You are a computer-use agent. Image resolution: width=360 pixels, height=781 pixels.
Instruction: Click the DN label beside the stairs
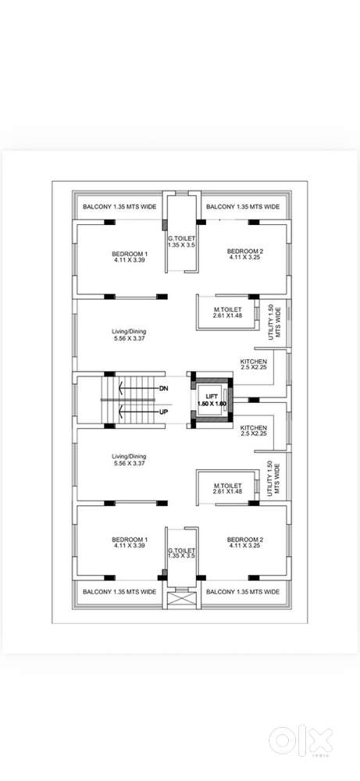click(x=164, y=387)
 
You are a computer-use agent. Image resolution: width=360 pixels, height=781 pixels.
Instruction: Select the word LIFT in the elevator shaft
click(x=212, y=397)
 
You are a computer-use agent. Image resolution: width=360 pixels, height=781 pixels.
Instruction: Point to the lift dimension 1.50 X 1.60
click(x=212, y=404)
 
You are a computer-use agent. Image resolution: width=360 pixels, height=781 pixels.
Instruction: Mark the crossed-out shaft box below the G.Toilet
click(x=184, y=599)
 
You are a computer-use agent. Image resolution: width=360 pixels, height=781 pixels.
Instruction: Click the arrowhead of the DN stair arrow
click(x=120, y=387)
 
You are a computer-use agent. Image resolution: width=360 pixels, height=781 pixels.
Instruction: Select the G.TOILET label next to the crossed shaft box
click(x=181, y=551)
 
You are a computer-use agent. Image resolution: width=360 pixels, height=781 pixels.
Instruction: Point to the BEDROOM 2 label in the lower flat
click(x=245, y=540)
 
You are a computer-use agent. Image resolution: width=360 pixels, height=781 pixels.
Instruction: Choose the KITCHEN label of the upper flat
click(x=254, y=361)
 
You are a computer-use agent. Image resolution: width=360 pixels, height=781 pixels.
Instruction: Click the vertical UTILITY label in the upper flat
click(x=274, y=322)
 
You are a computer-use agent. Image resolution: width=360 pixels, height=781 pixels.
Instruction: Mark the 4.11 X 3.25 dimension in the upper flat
click(x=245, y=258)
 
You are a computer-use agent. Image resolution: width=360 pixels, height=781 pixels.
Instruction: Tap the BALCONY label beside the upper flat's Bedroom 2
click(x=243, y=206)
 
